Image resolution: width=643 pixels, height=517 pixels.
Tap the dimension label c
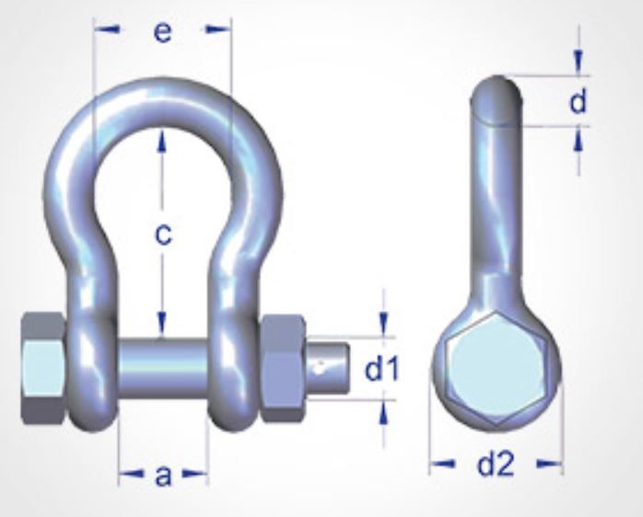click(x=162, y=235)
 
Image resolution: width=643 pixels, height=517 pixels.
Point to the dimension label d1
click(x=380, y=370)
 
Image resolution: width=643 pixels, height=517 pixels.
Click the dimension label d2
click(x=495, y=465)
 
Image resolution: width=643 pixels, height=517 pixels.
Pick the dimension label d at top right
click(x=578, y=101)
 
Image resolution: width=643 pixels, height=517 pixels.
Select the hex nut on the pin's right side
click(x=283, y=368)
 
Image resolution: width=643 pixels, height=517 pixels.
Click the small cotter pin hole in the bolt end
click(x=319, y=370)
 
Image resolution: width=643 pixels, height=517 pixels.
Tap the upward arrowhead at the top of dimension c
click(x=162, y=138)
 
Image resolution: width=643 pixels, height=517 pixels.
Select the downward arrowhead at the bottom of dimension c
click(x=162, y=324)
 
